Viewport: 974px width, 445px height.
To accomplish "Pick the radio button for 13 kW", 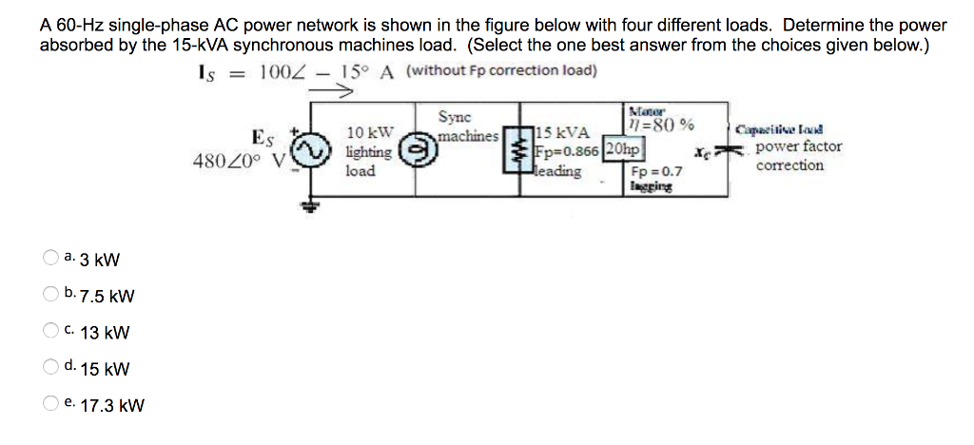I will coord(49,331).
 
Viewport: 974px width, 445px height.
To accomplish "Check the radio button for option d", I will coord(49,367).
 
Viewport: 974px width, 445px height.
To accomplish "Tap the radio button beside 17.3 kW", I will coord(49,404).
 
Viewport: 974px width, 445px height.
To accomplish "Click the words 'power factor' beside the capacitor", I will coord(797,147).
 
